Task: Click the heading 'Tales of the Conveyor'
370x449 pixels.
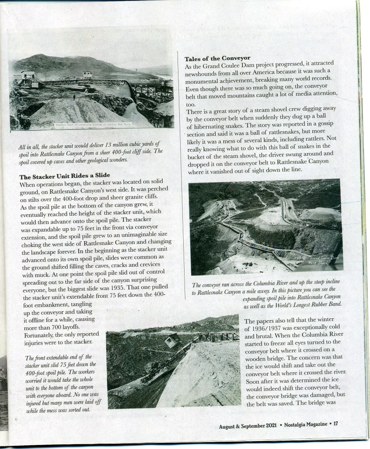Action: pyautogui.click(x=217, y=58)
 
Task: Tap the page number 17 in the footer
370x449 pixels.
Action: pyautogui.click(x=336, y=424)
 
